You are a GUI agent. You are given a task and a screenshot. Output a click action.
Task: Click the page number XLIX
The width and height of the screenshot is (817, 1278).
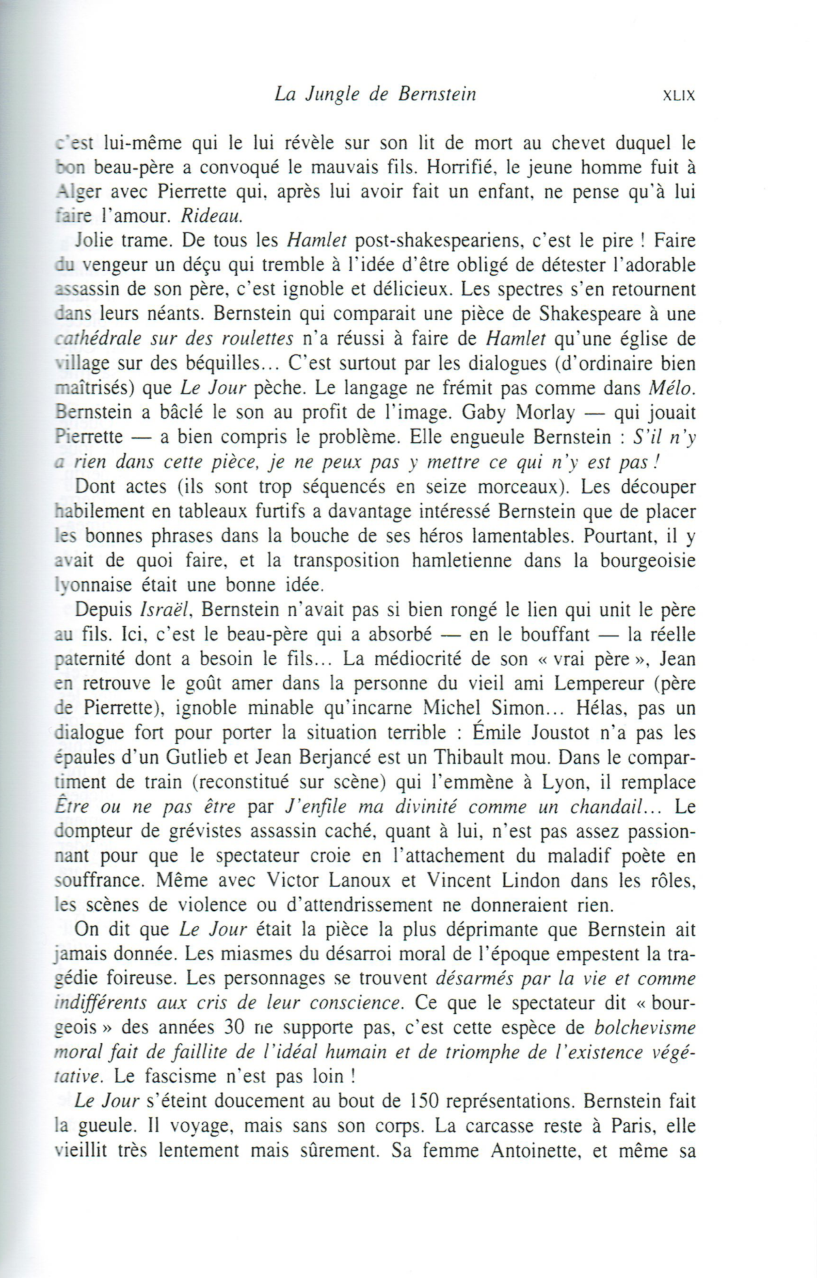tap(679, 96)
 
